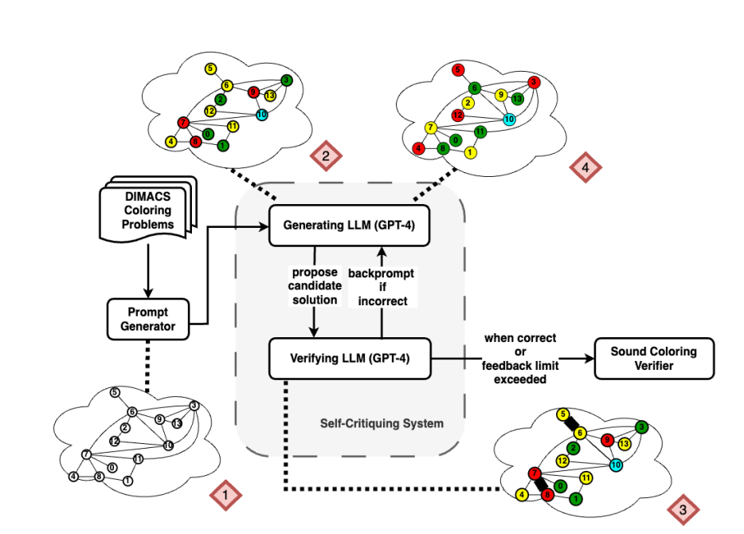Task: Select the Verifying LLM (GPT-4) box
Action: [x=349, y=358]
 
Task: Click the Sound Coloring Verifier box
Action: [x=653, y=358]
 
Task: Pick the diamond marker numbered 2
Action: [x=325, y=155]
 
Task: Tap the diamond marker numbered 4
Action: [x=585, y=167]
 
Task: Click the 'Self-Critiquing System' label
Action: [x=382, y=423]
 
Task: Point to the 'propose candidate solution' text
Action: [x=315, y=286]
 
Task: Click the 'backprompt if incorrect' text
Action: [x=382, y=286]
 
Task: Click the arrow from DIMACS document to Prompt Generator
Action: [x=148, y=271]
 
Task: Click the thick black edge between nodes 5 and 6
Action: [x=572, y=423]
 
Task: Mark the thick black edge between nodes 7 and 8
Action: [x=541, y=484]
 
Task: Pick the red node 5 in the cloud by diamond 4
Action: [x=457, y=70]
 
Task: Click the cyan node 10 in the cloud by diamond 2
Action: [x=260, y=115]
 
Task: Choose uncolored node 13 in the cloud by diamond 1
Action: [x=177, y=423]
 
